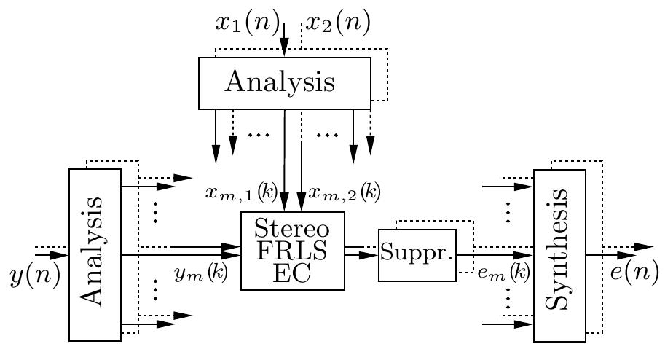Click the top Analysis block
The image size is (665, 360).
[x=285, y=83]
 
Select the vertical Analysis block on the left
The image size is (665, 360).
[x=95, y=254]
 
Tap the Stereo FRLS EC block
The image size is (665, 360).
[x=292, y=251]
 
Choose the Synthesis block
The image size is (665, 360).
[x=559, y=255]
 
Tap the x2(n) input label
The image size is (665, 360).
[x=337, y=23]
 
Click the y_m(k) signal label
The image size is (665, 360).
[x=201, y=273]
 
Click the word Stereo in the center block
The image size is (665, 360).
[x=292, y=230]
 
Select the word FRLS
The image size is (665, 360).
[x=292, y=251]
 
